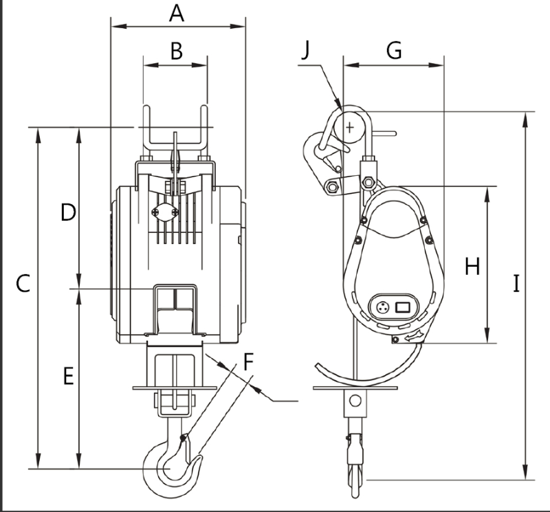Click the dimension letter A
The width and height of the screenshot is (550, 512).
tap(177, 14)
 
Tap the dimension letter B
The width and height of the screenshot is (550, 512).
tap(177, 51)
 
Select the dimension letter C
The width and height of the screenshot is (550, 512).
tap(23, 283)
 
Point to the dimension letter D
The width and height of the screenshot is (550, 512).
tap(68, 212)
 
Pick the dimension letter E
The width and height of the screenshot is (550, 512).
tap(68, 377)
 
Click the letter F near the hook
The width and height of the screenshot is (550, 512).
tap(248, 362)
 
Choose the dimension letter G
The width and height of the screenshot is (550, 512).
tap(394, 50)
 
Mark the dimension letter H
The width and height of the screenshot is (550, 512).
tap(472, 267)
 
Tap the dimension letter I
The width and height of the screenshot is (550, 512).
tap(516, 284)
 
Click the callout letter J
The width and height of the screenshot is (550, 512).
tap(306, 50)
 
